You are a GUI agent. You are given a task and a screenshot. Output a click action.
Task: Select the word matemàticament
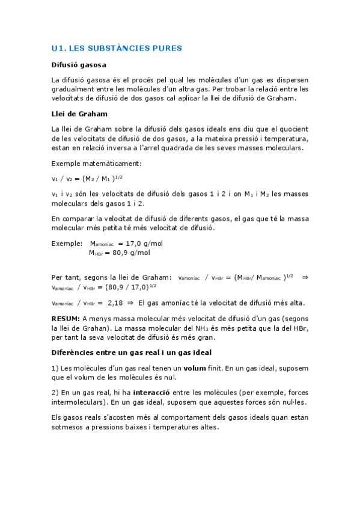[x=115, y=163]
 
